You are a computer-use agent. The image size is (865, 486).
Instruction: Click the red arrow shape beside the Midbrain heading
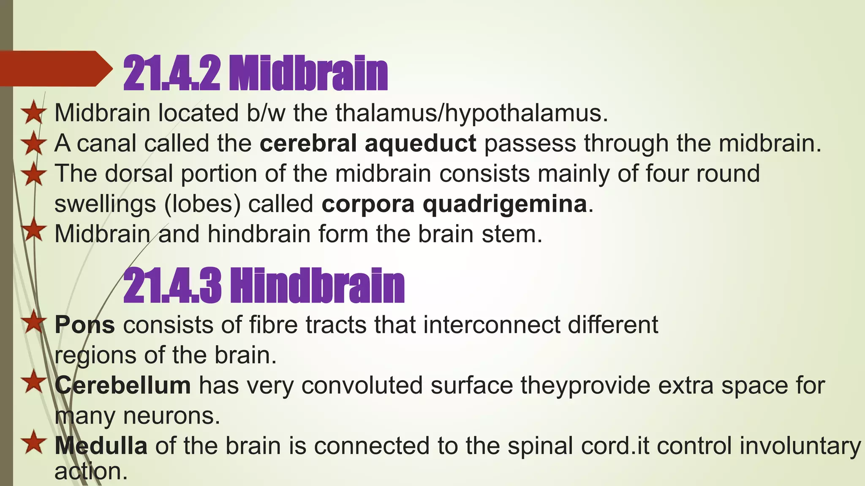coord(53,69)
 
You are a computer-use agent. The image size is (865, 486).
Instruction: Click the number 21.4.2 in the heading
coord(171,73)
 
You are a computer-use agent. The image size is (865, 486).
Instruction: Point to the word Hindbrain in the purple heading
coord(317,286)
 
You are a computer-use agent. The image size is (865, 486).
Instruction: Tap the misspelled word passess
coord(530,143)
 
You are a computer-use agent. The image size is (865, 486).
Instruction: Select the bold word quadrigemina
coord(505,204)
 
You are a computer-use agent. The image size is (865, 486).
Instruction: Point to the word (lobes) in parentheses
coord(202,204)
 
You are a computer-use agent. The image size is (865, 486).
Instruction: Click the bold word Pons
coord(84,325)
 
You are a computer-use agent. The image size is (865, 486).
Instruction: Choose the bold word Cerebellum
coord(122,385)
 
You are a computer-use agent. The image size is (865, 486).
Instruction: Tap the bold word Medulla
coord(101,446)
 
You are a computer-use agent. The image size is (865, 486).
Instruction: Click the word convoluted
coord(362,385)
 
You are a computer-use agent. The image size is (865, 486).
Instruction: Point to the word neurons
coord(171,416)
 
